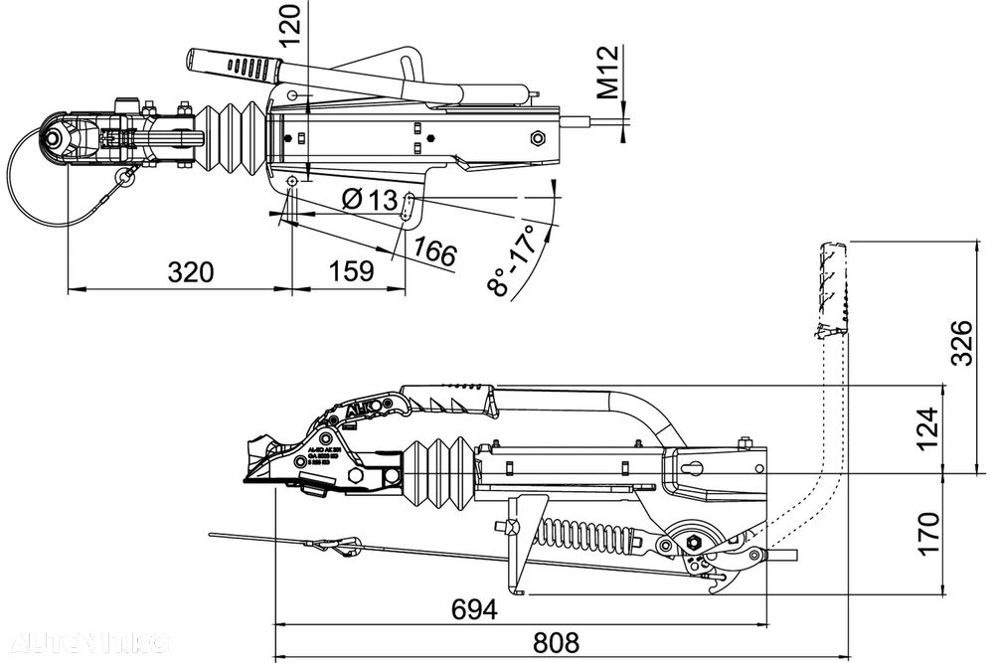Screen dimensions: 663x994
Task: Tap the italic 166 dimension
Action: [434, 252]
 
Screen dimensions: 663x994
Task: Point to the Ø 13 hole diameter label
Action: [368, 200]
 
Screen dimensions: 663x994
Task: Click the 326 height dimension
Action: [961, 343]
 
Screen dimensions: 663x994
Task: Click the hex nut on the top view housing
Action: [541, 137]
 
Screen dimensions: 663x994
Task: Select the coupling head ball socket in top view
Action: [60, 139]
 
